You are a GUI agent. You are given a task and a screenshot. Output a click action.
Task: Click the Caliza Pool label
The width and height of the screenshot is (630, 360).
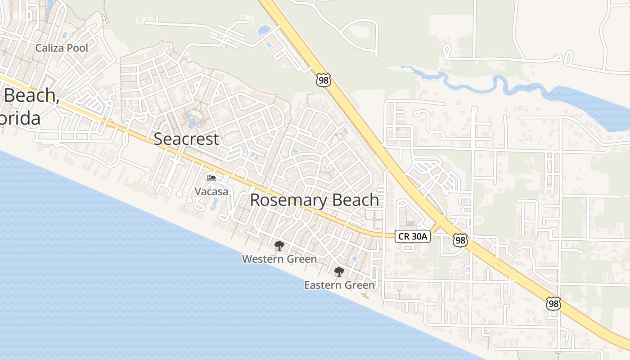(x=62, y=48)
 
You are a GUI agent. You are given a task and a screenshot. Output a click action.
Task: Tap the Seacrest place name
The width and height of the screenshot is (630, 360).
(x=186, y=139)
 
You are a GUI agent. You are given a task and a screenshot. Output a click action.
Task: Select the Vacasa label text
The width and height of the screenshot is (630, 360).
(x=211, y=191)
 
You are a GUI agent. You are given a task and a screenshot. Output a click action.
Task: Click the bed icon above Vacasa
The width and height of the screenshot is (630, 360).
(x=211, y=178)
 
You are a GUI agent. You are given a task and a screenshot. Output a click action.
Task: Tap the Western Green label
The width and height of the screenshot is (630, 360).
(x=279, y=259)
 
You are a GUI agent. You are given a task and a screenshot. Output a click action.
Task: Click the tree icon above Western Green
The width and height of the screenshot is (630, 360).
(x=279, y=246)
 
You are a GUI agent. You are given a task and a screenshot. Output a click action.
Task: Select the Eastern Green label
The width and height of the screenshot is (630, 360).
(x=339, y=285)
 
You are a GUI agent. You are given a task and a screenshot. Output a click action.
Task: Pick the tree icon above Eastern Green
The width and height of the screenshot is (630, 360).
(x=339, y=272)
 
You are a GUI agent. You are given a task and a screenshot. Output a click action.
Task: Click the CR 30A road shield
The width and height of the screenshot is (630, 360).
(x=413, y=236)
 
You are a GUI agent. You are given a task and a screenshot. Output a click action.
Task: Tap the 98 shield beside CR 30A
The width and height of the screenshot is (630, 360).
(x=460, y=240)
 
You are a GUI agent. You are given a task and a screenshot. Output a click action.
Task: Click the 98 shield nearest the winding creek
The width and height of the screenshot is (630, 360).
(x=323, y=80)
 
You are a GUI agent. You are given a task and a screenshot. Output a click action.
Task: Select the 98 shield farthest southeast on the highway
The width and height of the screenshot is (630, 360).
(x=553, y=304)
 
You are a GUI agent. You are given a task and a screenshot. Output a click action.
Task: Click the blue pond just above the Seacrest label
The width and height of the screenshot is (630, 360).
(x=193, y=121)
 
